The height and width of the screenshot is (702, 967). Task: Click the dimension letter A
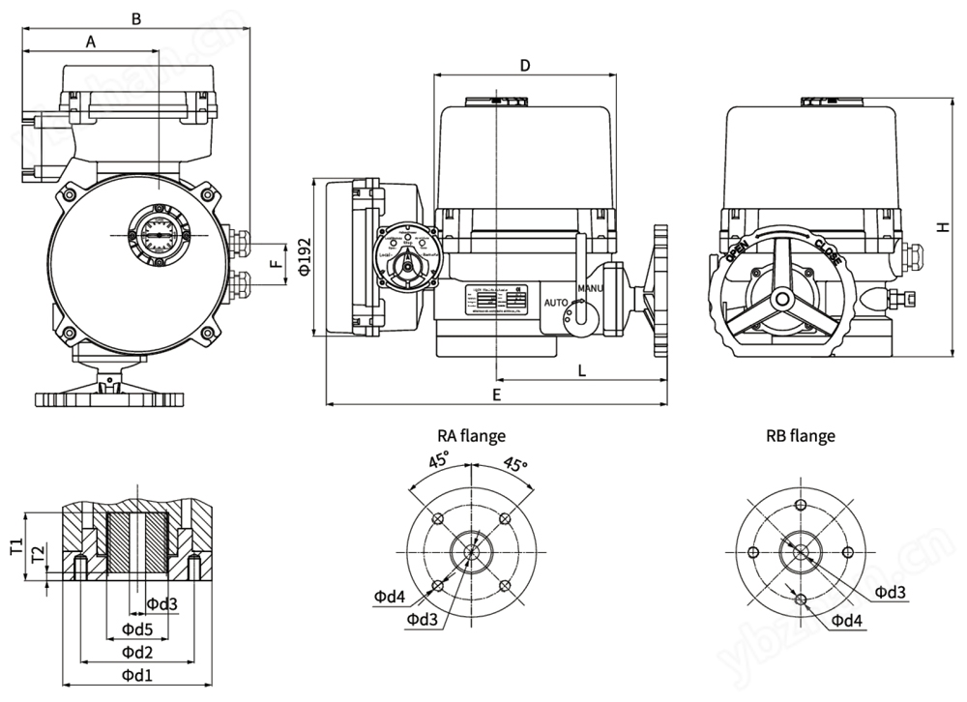[x=91, y=42]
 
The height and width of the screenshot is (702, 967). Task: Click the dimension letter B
[x=136, y=18]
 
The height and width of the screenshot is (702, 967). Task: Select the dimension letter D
[x=525, y=65]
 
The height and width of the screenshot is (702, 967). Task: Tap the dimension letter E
[x=497, y=395]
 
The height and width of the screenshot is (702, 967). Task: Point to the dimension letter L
[x=581, y=370]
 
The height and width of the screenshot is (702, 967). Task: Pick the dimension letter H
[x=941, y=226]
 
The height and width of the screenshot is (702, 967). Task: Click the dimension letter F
[x=275, y=262]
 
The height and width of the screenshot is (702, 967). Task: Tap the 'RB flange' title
[x=800, y=436]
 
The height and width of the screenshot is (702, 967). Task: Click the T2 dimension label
[x=37, y=555]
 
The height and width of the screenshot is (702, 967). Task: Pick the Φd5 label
[x=137, y=629]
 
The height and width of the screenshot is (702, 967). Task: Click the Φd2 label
[x=137, y=653]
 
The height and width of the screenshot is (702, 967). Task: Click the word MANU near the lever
[x=590, y=289]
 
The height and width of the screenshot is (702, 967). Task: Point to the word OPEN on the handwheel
[x=735, y=255]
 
